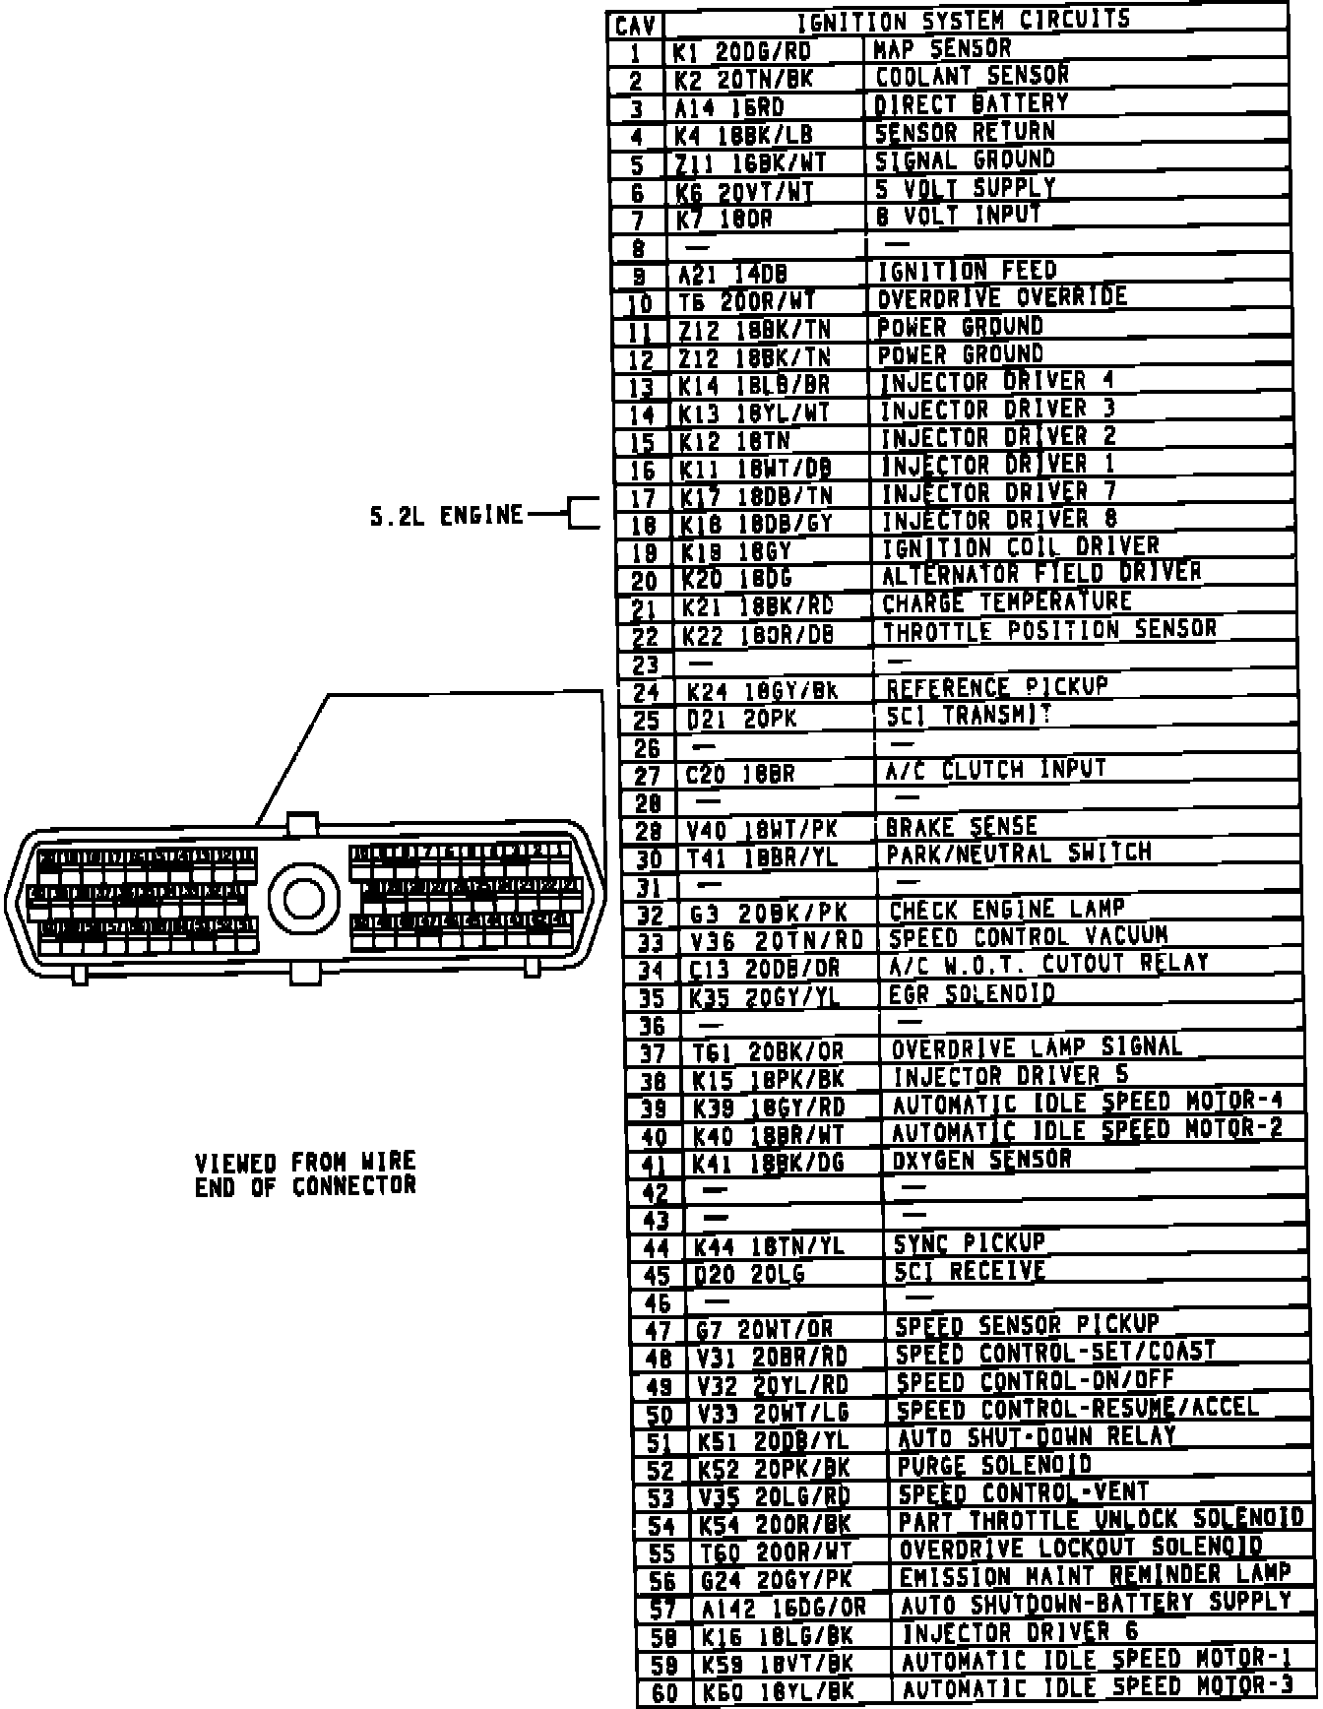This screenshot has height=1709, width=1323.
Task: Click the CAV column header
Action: tap(636, 25)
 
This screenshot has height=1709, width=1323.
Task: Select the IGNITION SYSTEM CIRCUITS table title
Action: tap(963, 21)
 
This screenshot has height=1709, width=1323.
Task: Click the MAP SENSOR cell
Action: tap(942, 48)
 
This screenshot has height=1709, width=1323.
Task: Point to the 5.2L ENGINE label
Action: tap(446, 515)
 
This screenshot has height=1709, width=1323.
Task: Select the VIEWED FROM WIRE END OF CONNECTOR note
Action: tap(305, 1174)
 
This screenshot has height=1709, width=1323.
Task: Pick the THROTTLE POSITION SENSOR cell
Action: tap(1049, 630)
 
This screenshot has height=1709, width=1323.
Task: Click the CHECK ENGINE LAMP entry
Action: tap(1006, 911)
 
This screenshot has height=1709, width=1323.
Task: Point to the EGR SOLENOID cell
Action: tap(972, 994)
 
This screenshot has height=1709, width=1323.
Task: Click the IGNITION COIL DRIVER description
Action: tap(1020, 547)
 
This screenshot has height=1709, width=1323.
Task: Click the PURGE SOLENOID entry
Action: tap(994, 1466)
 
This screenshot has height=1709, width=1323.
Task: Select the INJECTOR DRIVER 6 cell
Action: tap(1020, 1633)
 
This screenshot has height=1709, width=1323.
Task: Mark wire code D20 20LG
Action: tap(749, 1274)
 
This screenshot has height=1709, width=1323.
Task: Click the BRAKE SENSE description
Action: tap(962, 827)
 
